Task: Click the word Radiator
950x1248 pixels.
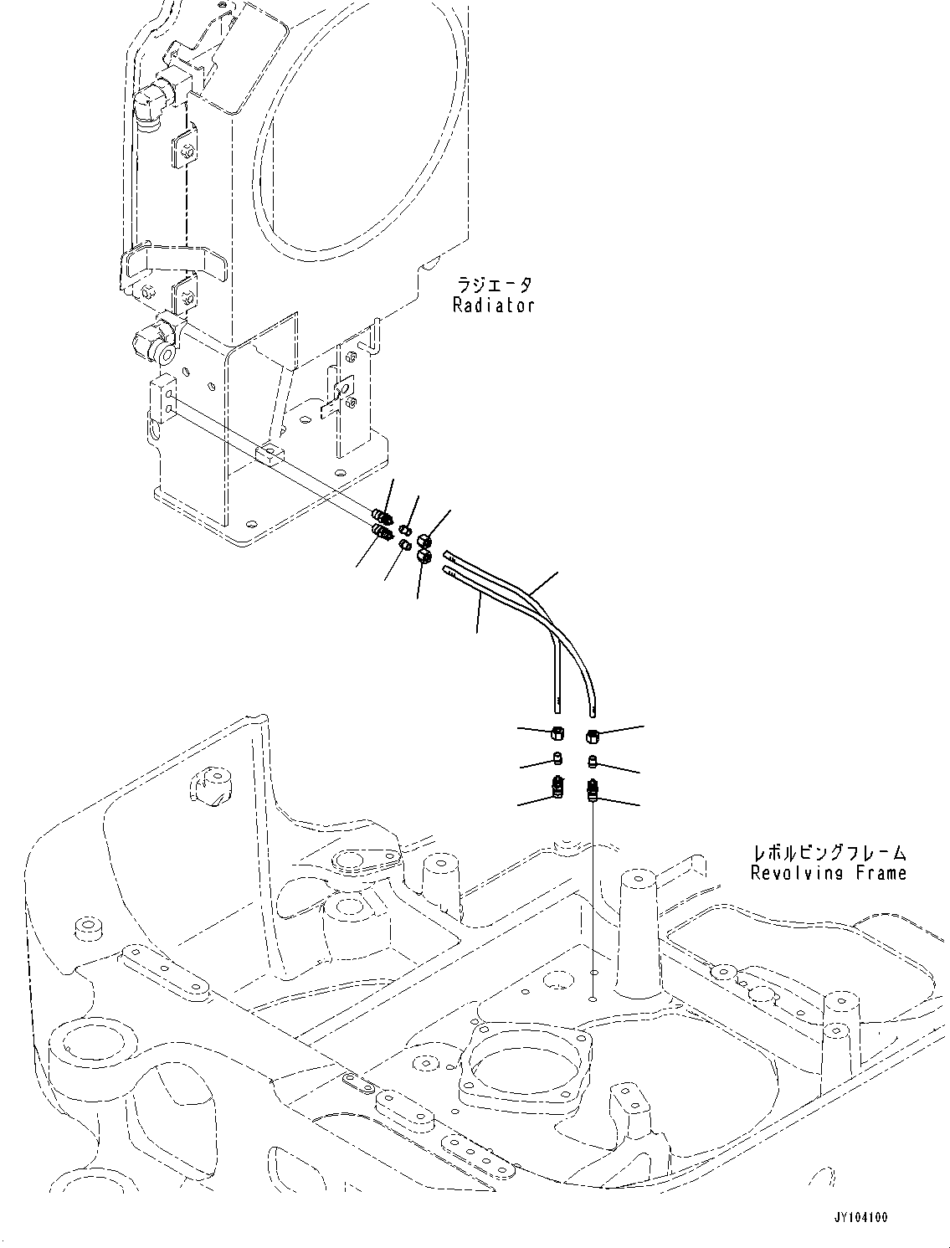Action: coord(493,306)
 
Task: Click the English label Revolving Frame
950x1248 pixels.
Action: coord(827,874)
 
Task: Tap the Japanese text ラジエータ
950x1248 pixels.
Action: coord(493,285)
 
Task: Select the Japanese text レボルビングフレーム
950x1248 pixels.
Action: coord(829,853)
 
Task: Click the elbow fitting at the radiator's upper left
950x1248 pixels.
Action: coord(149,109)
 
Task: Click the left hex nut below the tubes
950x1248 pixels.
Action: coord(557,734)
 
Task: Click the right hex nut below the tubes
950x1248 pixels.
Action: coord(592,736)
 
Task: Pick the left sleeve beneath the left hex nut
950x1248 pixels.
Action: coord(557,760)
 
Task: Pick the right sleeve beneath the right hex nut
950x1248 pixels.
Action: coord(592,762)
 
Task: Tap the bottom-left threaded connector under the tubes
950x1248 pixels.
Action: coord(557,787)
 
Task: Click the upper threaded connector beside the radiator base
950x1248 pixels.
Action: coord(383,519)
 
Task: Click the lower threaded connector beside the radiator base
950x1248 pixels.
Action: coord(383,534)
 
